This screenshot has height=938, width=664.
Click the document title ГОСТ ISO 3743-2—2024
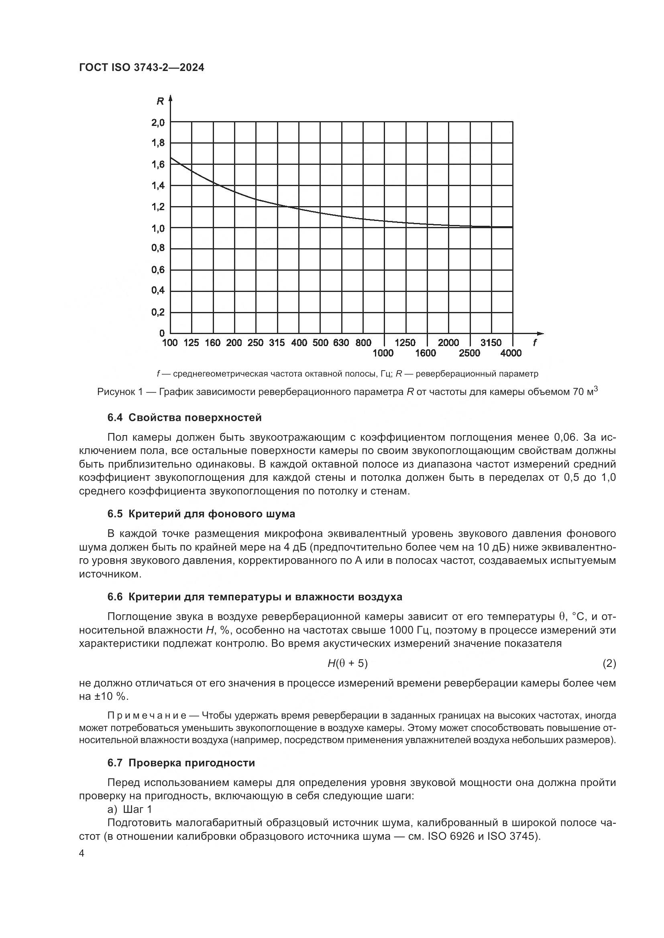141,68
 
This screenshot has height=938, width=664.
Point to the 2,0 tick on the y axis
158,122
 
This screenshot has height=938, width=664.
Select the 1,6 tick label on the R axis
158,165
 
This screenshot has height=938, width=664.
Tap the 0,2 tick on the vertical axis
158,312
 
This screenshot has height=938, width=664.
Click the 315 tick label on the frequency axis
277,343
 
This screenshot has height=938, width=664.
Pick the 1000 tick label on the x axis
383,353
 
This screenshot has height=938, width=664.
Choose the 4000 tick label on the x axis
511,353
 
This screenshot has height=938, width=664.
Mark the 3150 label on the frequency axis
491,343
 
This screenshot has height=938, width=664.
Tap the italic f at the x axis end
535,342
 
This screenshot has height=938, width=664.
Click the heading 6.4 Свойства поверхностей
184,417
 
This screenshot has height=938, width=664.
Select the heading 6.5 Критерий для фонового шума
201,514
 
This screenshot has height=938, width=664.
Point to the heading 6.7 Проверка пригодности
181,763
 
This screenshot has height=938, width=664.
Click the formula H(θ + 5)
348,663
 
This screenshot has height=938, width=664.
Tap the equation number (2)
609,663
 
